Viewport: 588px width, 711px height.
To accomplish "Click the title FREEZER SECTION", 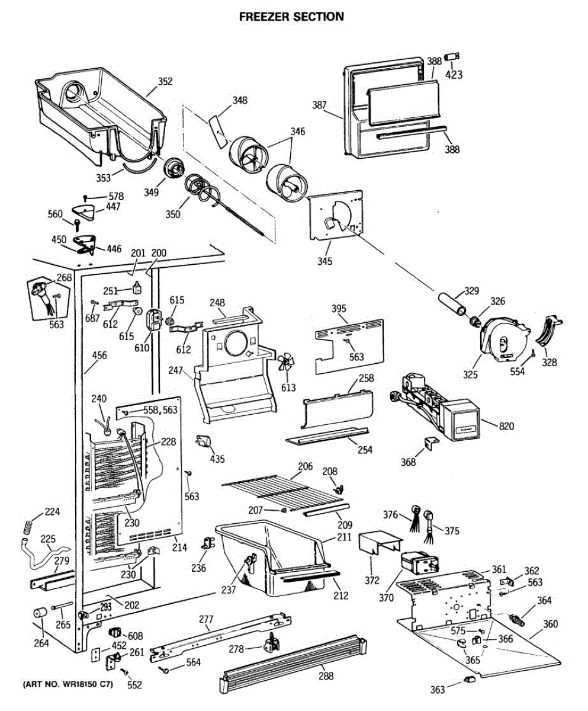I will coord(291,17).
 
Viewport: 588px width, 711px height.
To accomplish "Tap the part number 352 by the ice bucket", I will coord(165,82).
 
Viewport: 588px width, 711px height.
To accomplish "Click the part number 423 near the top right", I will coord(454,75).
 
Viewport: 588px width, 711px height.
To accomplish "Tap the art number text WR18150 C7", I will coord(67,684).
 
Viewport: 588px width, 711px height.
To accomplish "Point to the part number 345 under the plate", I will coord(324,261).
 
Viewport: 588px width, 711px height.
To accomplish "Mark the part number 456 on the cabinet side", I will coord(99,355).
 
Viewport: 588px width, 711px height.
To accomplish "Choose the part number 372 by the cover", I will coord(371,579).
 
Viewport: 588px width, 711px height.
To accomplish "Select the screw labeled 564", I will coord(164,670).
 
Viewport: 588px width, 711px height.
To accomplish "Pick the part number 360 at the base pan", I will coord(550,624).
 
